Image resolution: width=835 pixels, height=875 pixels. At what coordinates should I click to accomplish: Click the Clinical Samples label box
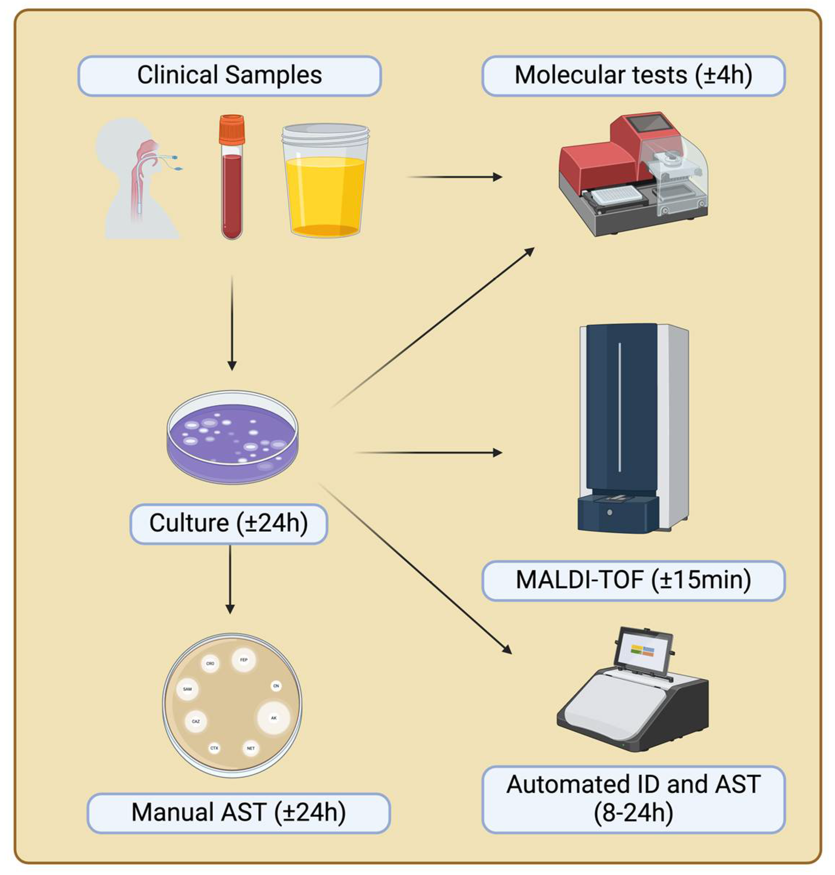(229, 76)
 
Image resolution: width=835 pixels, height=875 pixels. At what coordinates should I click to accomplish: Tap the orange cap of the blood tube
(231, 129)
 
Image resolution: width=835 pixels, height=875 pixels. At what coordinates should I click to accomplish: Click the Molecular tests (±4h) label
(633, 76)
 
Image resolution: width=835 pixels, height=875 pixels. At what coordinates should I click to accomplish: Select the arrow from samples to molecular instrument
(454, 177)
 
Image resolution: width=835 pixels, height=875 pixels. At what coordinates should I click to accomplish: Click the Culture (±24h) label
(228, 524)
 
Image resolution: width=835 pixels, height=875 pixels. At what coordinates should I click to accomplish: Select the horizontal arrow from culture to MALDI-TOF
(427, 453)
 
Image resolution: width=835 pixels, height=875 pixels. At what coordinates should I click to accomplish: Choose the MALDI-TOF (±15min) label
(633, 580)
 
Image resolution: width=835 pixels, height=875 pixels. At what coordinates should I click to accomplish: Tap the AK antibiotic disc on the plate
(274, 718)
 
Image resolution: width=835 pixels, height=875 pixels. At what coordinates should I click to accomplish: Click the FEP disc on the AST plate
(243, 660)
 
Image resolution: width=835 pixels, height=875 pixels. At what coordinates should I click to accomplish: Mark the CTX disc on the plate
(214, 748)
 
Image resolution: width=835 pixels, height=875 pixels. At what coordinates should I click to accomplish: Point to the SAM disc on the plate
(188, 689)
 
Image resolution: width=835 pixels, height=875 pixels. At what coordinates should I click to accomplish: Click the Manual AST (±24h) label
(239, 813)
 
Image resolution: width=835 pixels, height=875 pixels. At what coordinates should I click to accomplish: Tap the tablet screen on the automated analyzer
(643, 651)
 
